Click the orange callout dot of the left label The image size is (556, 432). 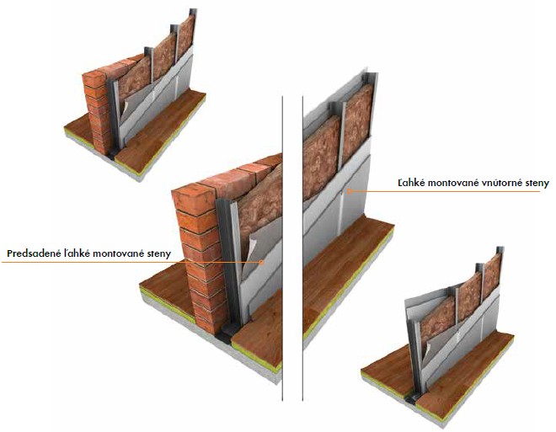[262, 262]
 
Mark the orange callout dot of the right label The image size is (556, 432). [349, 191]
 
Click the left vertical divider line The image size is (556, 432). [282, 248]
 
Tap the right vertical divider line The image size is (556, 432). [302, 248]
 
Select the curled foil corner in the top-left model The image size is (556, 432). [124, 109]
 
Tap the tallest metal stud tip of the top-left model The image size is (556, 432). [193, 12]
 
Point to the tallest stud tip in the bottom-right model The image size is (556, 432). [500, 249]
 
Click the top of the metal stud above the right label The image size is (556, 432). [372, 76]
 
